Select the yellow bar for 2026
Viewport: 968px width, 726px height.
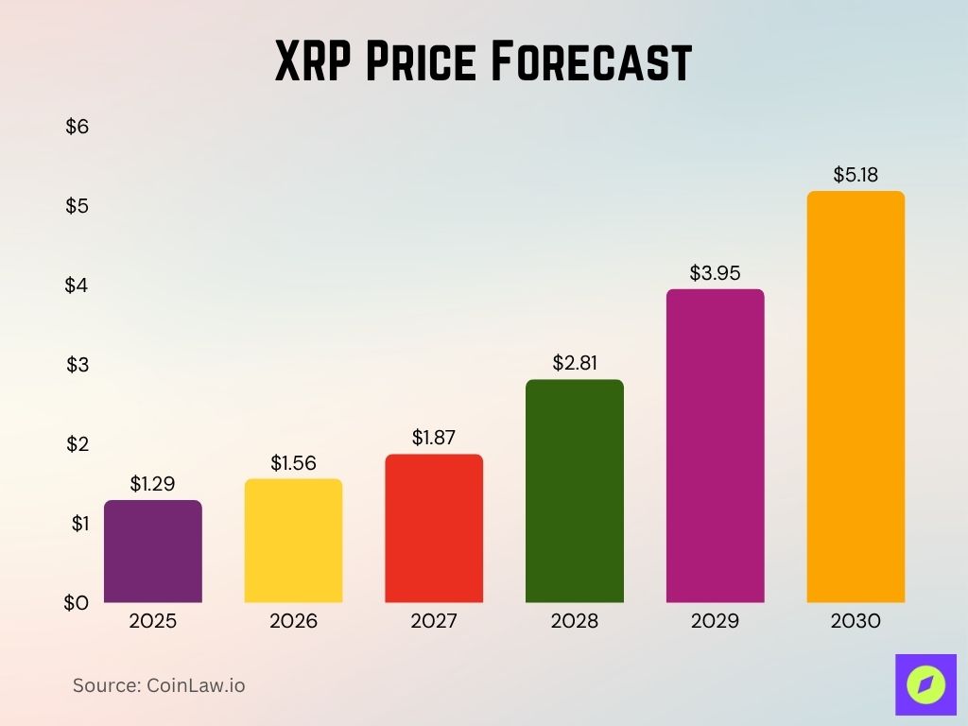click(x=293, y=541)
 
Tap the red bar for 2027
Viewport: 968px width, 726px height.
click(x=434, y=528)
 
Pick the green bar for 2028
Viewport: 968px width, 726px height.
click(x=575, y=491)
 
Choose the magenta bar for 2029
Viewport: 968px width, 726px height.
click(x=715, y=445)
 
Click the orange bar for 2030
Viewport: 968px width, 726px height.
click(x=856, y=397)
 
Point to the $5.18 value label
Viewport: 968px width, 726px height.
click(x=856, y=175)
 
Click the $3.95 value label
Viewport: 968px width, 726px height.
click(x=715, y=273)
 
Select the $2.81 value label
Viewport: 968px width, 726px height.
click(x=575, y=363)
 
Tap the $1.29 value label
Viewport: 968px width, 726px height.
click(x=152, y=484)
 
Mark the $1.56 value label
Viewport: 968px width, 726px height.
click(x=293, y=463)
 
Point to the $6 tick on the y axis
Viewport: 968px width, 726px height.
click(x=77, y=127)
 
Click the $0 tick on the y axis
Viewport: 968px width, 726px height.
click(x=77, y=602)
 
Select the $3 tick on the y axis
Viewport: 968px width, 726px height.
click(x=77, y=365)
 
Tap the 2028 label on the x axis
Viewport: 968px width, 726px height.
click(x=575, y=621)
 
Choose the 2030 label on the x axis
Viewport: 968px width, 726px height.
click(x=856, y=621)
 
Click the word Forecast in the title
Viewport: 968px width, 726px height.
click(x=595, y=63)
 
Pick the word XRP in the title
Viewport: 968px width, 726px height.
click(x=313, y=63)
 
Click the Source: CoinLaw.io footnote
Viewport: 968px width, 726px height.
click(x=159, y=685)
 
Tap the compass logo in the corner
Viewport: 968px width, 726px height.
click(x=925, y=684)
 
